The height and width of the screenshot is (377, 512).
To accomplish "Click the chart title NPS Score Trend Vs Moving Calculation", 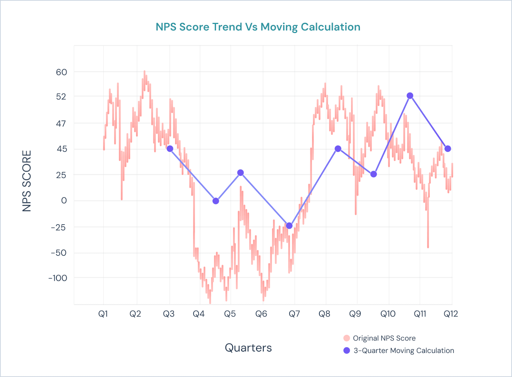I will coord(258,27).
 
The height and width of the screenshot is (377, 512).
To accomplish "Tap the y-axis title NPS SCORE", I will coord(27,181).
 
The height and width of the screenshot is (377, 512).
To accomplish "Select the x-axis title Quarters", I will coord(248,348).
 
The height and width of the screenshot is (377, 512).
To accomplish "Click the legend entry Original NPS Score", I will coord(384,338).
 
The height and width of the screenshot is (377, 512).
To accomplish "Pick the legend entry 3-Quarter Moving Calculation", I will coord(404,350).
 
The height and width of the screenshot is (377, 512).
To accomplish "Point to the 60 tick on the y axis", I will coord(61,72).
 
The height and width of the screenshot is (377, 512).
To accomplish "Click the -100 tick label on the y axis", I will coord(58,278).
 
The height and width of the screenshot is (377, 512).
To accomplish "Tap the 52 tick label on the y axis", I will coord(61,96).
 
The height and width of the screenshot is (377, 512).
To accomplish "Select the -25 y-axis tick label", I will coord(58,227).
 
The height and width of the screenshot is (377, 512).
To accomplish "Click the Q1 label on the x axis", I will coord(103,314).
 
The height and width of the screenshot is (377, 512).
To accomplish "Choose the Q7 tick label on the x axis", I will coord(294,314).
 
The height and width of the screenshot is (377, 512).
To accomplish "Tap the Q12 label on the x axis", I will coord(451,314).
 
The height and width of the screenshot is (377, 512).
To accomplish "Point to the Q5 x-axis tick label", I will coord(230,314).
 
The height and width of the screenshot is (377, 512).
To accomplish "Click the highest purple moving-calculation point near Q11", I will coord(410,96).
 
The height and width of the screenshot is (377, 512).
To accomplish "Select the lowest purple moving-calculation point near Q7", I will coord(289,226).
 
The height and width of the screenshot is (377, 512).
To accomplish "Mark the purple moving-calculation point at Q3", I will coord(170,149).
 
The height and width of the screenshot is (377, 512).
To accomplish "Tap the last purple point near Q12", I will coord(448,149).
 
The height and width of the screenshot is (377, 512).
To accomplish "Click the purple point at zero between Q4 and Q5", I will coord(216,201).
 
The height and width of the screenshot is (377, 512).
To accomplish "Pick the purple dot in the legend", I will coord(347,350).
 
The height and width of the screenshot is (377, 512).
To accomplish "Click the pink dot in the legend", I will coord(347,338).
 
